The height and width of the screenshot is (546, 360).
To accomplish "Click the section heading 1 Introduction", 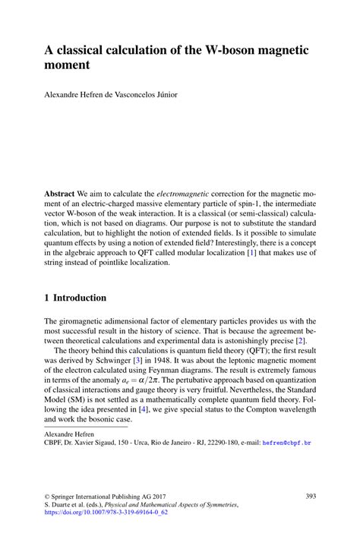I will coord(75,298).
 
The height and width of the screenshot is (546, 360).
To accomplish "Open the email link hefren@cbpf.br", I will coord(287,442).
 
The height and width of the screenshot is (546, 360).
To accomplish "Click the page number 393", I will coord(311,496).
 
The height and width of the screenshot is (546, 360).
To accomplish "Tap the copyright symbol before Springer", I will coord(48,496).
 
